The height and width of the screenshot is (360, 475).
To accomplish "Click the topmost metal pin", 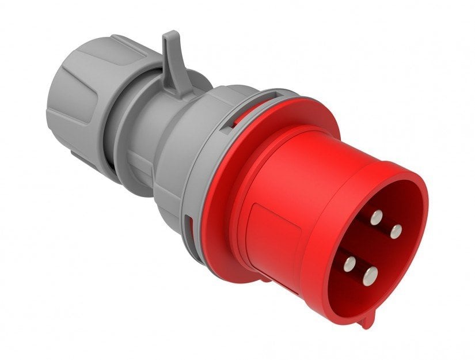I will pyautogui.click(x=376, y=217).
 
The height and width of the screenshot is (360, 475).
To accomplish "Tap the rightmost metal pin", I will pyautogui.click(x=396, y=231).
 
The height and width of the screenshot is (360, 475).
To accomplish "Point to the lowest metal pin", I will pyautogui.click(x=370, y=273).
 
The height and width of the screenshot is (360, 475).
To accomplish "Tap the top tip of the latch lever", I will pyautogui.click(x=169, y=36).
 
